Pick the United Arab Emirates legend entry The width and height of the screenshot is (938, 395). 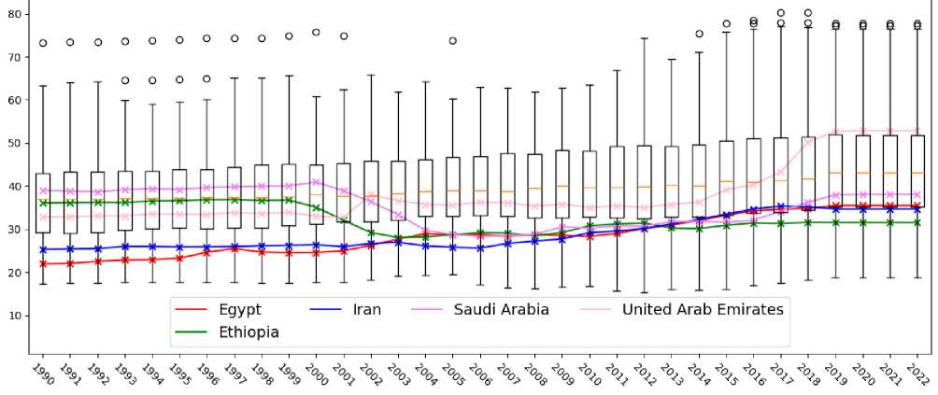[x=703, y=309]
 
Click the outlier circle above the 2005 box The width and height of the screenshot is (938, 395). [x=453, y=41]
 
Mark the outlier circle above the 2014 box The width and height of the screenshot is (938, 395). [x=699, y=34]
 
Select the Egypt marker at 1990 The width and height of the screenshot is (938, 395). [x=43, y=263]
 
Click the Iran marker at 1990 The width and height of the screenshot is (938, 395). [x=43, y=249]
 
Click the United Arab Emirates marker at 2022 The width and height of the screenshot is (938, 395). [x=917, y=132]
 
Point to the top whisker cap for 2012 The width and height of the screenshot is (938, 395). [x=645, y=39]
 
